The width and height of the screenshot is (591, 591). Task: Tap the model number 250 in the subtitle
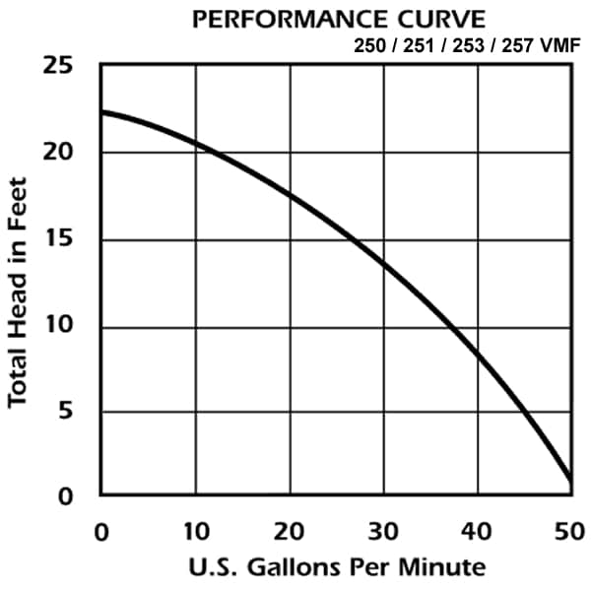(x=370, y=45)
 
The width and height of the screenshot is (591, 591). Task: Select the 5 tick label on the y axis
(x=65, y=412)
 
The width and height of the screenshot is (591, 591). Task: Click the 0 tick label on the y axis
(x=65, y=496)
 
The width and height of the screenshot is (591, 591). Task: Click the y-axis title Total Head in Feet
(x=20, y=292)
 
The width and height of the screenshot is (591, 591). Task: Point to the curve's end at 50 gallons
(x=570, y=480)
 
